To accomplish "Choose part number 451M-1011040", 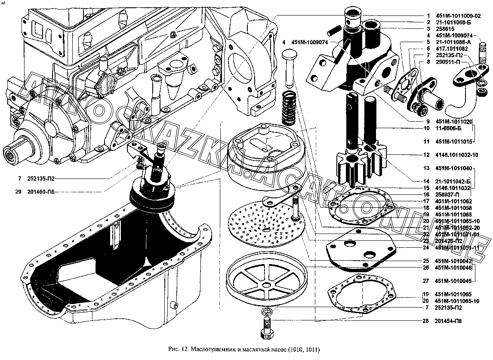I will (x=453, y=168).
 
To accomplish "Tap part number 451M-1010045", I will (x=453, y=281).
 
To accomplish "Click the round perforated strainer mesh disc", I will (x=267, y=222).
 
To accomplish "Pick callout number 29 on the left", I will (x=18, y=191).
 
